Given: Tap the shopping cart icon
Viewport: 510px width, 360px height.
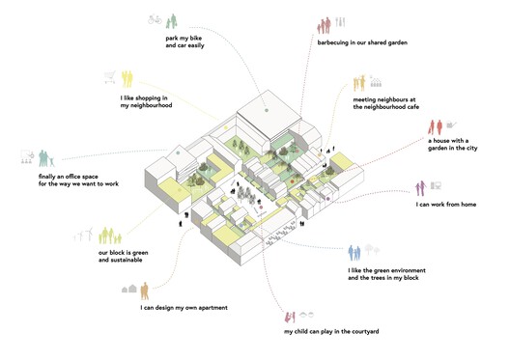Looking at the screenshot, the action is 111,77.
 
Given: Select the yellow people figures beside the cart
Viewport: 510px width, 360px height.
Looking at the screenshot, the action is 126,76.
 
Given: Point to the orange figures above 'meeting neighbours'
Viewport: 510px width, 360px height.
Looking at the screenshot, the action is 367,82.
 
